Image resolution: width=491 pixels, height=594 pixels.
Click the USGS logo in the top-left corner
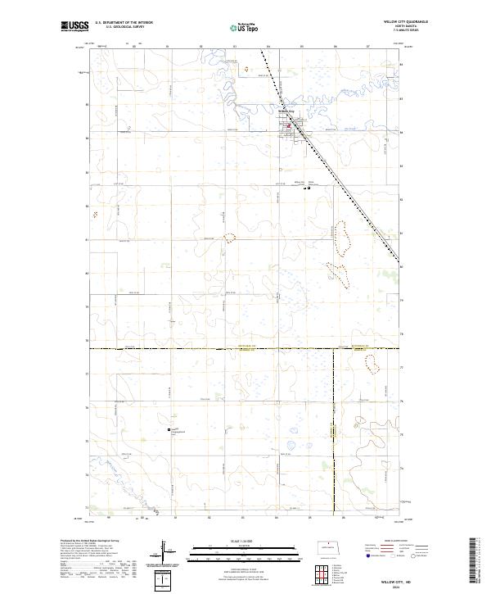pyautogui.click(x=74, y=27)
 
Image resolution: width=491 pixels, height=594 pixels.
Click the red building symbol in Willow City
pyautogui.click(x=288, y=125)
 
